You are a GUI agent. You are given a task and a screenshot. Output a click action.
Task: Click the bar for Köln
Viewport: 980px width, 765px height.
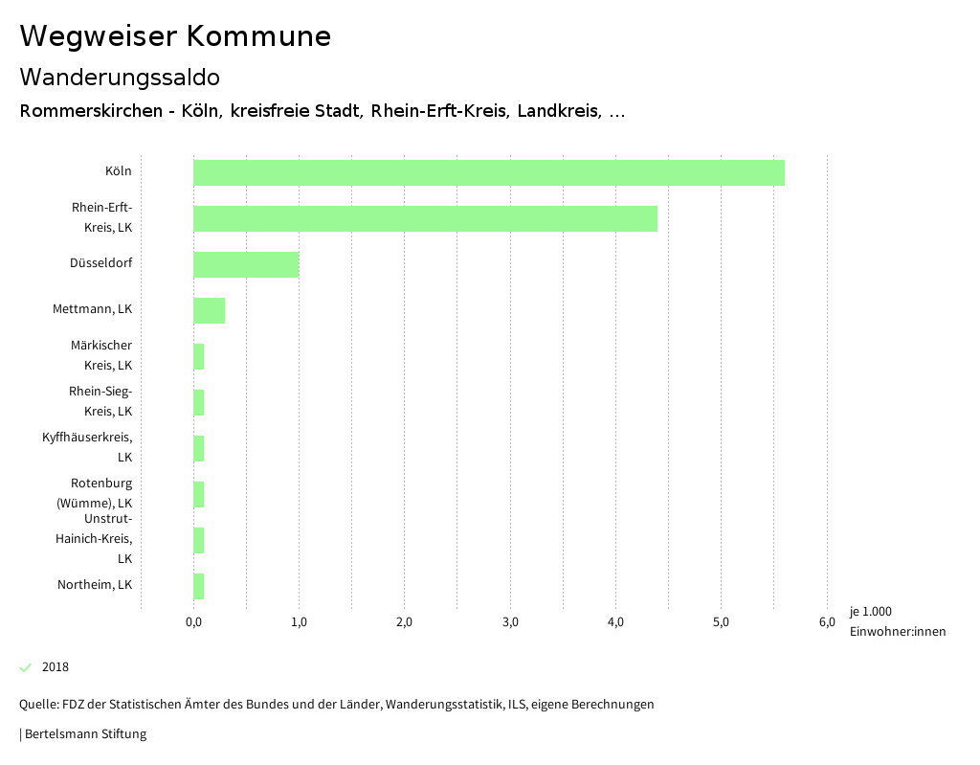[x=488, y=172]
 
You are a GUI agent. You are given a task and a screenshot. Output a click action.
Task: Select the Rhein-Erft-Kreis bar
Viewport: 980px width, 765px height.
[x=425, y=218]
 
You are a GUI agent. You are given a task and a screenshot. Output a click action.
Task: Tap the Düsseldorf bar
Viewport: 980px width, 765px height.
[x=246, y=264]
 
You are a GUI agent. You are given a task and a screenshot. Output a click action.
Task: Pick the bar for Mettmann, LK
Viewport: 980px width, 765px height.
[x=209, y=310]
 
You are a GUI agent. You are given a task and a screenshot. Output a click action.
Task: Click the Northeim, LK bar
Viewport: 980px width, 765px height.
[x=199, y=586]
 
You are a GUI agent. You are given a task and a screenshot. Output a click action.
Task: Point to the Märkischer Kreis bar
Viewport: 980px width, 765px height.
[x=199, y=356]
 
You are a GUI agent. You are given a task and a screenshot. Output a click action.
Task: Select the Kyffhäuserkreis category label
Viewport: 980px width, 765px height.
[x=87, y=447]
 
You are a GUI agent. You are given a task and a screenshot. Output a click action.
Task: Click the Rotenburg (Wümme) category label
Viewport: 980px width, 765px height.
[x=95, y=493]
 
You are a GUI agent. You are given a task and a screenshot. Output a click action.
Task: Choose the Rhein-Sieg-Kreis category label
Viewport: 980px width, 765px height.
[x=100, y=401]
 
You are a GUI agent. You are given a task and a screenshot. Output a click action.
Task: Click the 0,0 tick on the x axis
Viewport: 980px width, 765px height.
[x=193, y=622]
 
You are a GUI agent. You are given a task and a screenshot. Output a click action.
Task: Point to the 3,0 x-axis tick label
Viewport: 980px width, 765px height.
[x=510, y=622]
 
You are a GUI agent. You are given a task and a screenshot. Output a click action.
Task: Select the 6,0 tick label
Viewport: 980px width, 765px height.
[x=827, y=622]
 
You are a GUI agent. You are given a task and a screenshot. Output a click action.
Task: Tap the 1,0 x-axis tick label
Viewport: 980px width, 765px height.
[x=299, y=622]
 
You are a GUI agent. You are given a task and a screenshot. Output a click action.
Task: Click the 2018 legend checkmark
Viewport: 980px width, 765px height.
[x=26, y=667]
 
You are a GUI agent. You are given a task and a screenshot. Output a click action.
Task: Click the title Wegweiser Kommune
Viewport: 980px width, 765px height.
[x=175, y=36]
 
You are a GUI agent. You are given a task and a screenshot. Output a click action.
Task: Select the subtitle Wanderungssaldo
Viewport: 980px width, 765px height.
[x=120, y=77]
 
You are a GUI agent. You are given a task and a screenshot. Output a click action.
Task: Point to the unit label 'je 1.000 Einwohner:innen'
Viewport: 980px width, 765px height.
[x=897, y=621]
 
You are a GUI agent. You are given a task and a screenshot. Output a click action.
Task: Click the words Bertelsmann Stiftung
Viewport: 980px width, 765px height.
[x=85, y=734]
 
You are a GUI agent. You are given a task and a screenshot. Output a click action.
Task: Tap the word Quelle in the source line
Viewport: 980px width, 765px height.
[x=37, y=705]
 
